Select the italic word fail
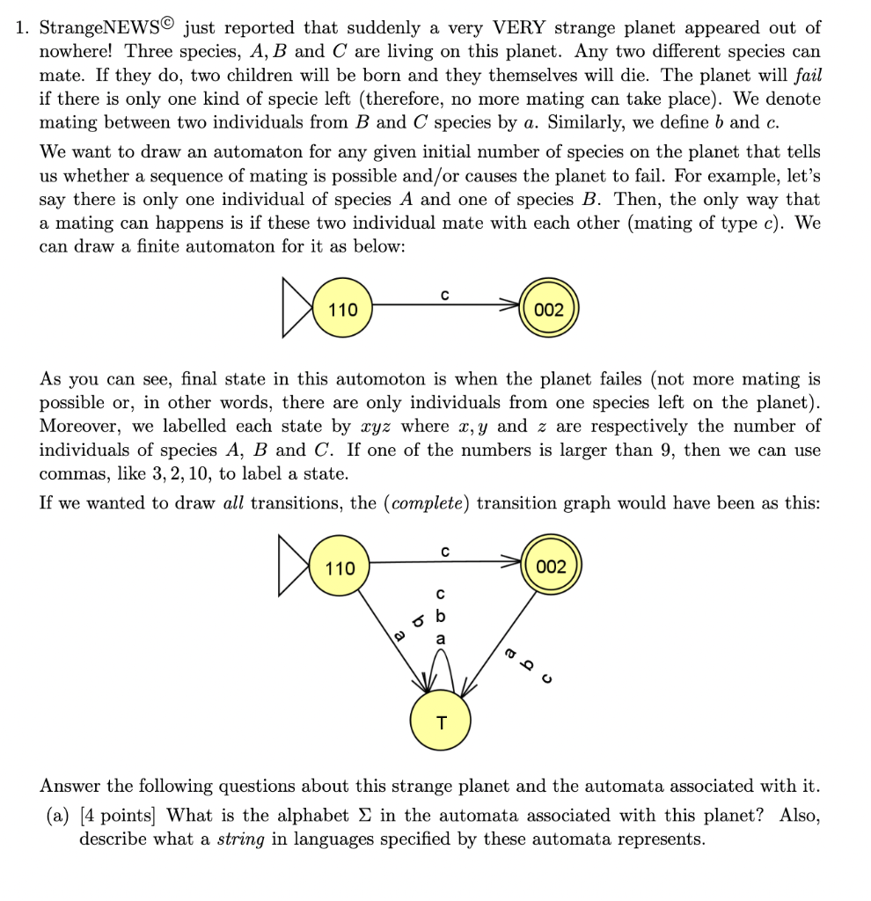(808, 77)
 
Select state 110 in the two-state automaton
(342, 310)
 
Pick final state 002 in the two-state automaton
(549, 310)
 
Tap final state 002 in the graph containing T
(551, 567)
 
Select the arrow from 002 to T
(501, 642)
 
